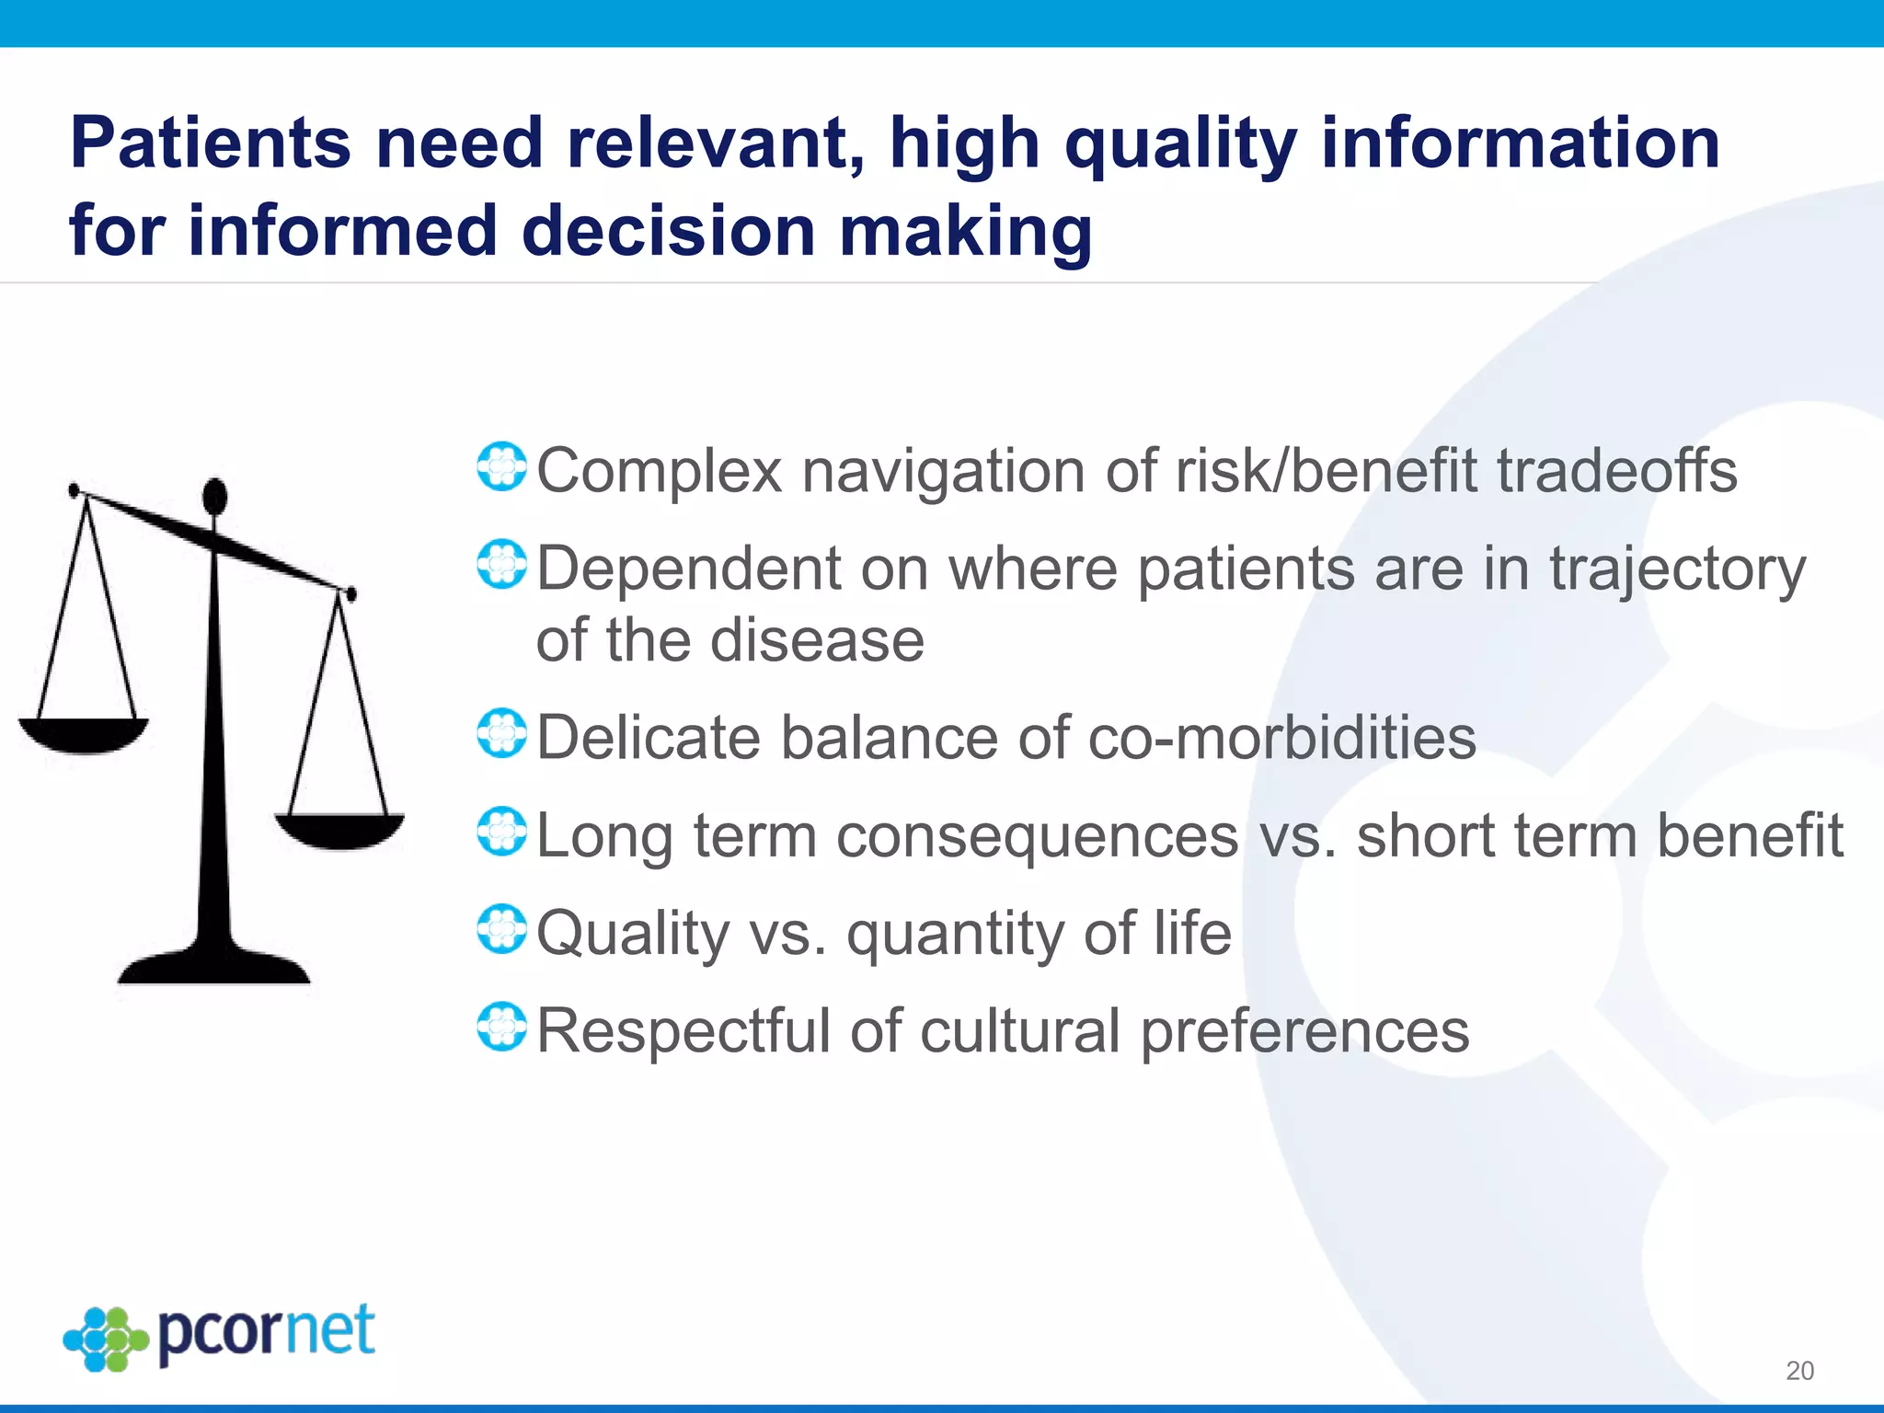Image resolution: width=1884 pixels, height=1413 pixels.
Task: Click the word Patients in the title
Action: click(210, 144)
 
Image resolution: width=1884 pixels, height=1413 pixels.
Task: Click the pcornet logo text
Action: click(267, 1333)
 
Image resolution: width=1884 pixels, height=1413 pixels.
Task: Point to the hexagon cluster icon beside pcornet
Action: click(105, 1339)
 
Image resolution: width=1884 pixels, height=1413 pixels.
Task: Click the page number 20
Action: click(1799, 1371)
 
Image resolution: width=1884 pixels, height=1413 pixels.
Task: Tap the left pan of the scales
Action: click(84, 734)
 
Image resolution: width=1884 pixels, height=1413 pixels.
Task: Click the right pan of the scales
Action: click(339, 830)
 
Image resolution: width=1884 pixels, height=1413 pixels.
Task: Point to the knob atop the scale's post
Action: click(214, 497)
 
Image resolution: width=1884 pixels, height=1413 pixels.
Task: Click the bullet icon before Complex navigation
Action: click(502, 466)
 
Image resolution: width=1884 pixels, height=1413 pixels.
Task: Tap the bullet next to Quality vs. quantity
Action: click(502, 929)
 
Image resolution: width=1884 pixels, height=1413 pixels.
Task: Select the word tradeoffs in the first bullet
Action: click(1616, 471)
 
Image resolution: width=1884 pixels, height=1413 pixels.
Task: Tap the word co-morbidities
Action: click(1281, 738)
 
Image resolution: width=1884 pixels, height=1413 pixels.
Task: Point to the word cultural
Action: click(1019, 1030)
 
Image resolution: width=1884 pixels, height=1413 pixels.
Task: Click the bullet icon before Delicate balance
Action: click(502, 733)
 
